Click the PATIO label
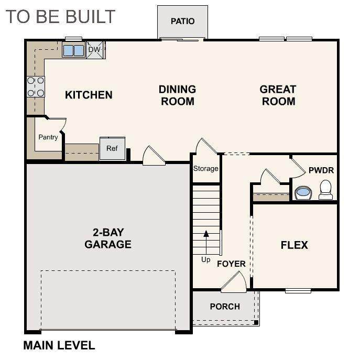[182, 21]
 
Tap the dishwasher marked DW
[96, 50]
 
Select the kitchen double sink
[74, 50]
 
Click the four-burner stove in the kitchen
[36, 87]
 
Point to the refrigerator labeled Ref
[112, 148]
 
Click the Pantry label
[48, 137]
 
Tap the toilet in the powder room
[325, 189]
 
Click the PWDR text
[321, 170]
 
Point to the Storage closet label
[206, 169]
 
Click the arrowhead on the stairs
[206, 234]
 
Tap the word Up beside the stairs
[206, 260]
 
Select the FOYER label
[231, 264]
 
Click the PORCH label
[225, 307]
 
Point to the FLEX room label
[294, 245]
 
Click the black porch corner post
[256, 323]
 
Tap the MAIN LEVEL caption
[59, 345]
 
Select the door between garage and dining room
[154, 156]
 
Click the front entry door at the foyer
[234, 282]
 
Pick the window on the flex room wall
[298, 291]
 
